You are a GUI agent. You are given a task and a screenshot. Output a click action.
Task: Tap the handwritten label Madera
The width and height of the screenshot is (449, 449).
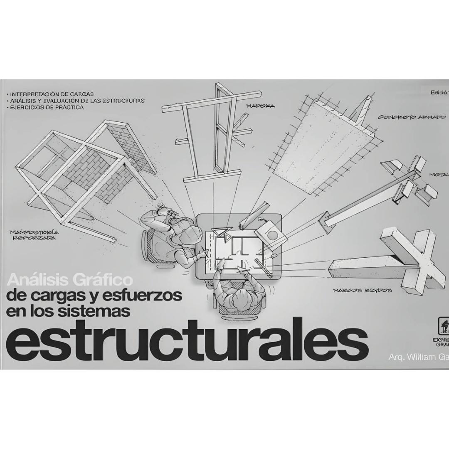(x=260, y=106)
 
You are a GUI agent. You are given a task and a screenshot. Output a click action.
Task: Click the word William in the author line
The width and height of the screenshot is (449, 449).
(x=415, y=357)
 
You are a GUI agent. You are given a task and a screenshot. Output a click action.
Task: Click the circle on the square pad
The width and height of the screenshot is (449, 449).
(x=273, y=235)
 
